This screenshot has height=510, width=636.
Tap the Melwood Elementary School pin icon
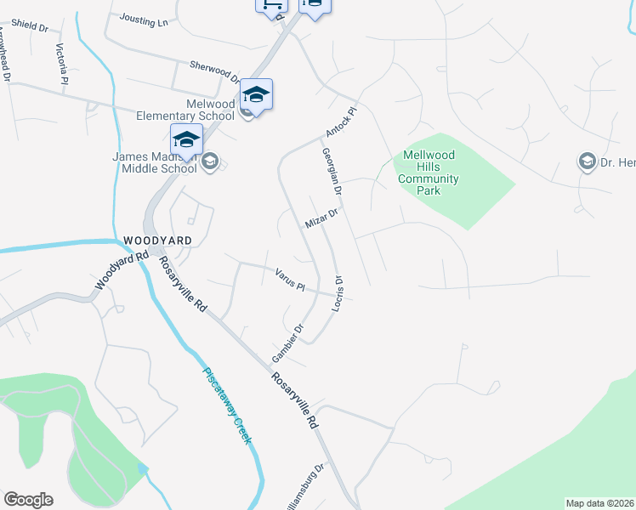click(x=256, y=93)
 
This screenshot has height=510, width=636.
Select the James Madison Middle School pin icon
click(x=186, y=139)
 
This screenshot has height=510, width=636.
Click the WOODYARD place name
click(x=156, y=241)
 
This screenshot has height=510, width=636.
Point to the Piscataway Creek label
click(x=228, y=405)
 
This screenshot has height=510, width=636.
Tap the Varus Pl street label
click(x=290, y=280)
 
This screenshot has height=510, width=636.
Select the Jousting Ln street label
click(x=144, y=20)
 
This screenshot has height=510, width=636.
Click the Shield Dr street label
click(x=30, y=26)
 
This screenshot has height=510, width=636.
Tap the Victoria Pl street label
click(x=60, y=63)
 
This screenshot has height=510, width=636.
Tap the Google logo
click(x=28, y=500)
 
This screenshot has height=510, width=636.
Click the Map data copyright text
click(x=600, y=503)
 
